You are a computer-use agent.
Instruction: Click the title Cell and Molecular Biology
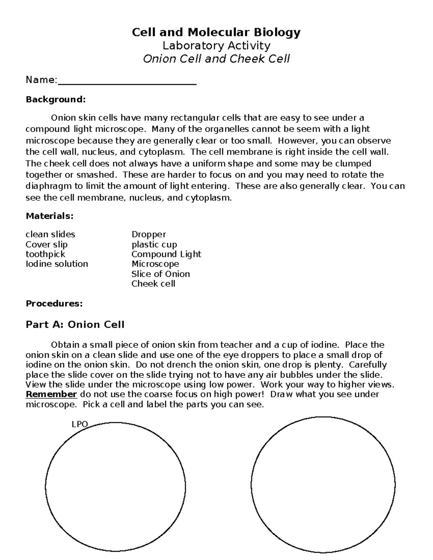[216, 33]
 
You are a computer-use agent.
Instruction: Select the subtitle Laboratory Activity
[216, 46]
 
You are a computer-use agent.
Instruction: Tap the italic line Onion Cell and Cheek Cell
[216, 59]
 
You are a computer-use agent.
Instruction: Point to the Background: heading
[56, 99]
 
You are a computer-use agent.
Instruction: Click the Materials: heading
[49, 216]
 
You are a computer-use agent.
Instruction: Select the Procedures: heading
[54, 304]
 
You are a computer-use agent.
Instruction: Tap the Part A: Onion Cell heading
[75, 325]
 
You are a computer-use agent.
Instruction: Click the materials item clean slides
[50, 234]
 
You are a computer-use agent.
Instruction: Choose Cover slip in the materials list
[47, 244]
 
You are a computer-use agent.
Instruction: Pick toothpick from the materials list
[45, 254]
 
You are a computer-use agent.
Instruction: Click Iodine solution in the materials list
[57, 264]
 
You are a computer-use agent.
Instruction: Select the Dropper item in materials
[149, 234]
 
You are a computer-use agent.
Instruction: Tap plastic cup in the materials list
[154, 244]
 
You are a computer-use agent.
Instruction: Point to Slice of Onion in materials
[161, 274]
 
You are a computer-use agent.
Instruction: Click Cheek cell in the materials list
[153, 284]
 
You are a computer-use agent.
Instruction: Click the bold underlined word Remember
[51, 394]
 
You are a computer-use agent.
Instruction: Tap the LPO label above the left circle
[80, 424]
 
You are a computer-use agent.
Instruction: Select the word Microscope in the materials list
[155, 264]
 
